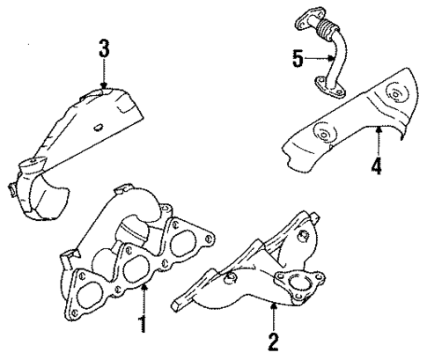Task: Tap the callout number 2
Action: click(x=274, y=339)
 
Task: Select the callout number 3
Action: click(x=104, y=48)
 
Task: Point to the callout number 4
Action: click(x=377, y=165)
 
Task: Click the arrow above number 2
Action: click(x=274, y=313)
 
